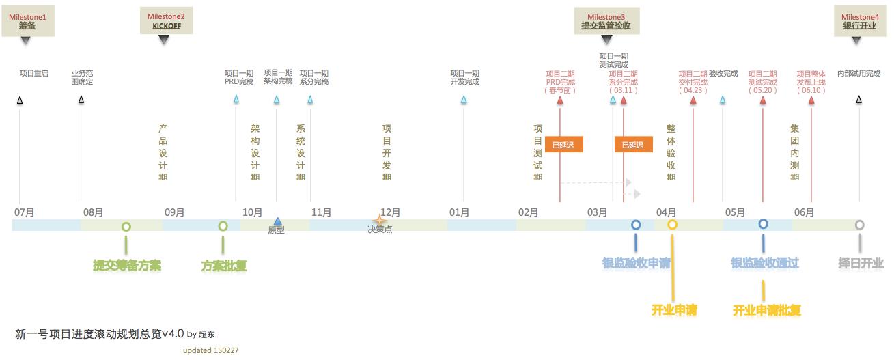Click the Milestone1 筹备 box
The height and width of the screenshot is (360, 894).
point(27,21)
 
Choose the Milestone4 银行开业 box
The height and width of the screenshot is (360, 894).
point(859,21)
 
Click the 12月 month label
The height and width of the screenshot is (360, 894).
point(390,212)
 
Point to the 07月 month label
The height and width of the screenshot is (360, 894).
point(24,212)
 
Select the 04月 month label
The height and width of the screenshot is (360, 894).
point(666,212)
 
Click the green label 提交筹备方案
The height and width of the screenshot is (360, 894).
point(127,265)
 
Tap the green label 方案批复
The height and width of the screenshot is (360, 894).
point(223,265)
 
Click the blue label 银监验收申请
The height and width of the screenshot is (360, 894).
point(636,263)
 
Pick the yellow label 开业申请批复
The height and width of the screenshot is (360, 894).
point(766,310)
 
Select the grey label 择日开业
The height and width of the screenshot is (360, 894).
point(861,263)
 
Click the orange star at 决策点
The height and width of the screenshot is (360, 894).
point(380,221)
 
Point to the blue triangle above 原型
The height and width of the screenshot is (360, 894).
point(277,221)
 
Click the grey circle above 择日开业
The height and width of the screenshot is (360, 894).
point(859,225)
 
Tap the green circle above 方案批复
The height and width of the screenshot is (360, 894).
point(223,226)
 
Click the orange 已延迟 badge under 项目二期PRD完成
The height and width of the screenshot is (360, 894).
point(563,145)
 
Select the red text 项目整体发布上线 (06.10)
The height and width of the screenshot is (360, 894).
point(811,81)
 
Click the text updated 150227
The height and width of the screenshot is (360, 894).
point(210,350)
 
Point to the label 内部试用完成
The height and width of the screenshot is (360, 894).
point(858,73)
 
